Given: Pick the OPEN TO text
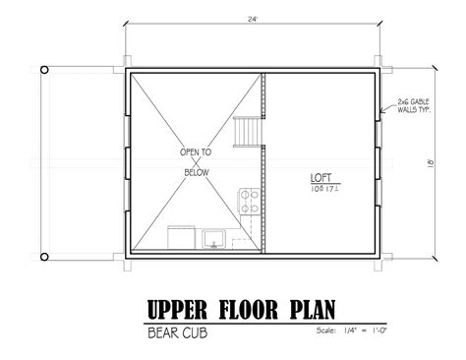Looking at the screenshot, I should tap(196, 152).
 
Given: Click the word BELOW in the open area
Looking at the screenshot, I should tap(197, 173).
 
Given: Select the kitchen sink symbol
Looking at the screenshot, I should tap(211, 238).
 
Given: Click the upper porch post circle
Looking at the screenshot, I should tap(44, 71).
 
